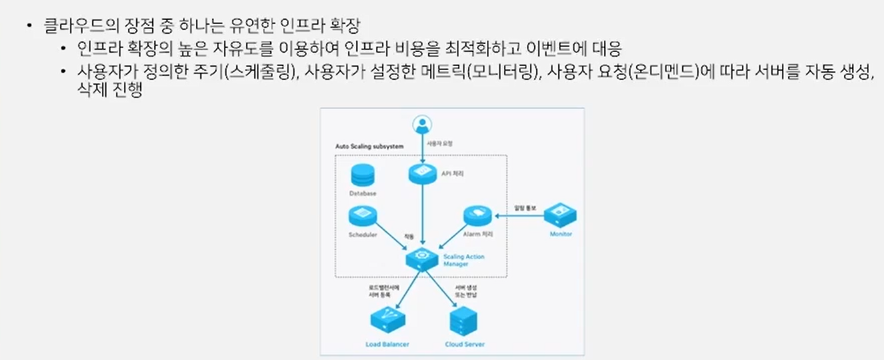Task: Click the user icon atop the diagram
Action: point(421,125)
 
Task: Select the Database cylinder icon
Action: point(363,176)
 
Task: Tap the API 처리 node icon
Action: point(422,173)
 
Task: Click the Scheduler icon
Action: point(363,216)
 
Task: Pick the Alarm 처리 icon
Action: point(477,216)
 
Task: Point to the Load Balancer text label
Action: point(387,345)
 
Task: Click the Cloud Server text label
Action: point(465,345)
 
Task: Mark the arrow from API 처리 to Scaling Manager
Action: point(422,213)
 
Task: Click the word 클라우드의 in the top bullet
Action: point(74,27)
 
